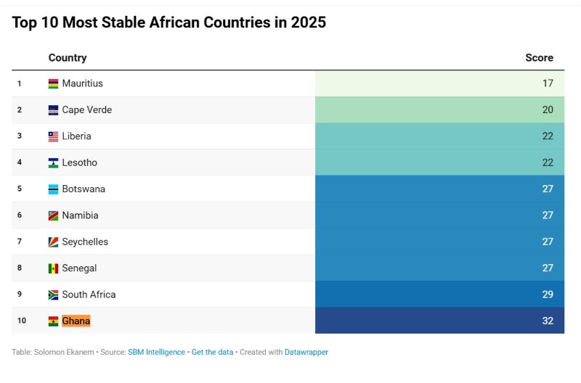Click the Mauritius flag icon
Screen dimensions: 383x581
pos(53,83)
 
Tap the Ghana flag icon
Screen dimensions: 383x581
pos(53,321)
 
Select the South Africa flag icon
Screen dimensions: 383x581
pos(53,295)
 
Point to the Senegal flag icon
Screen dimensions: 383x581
pos(53,268)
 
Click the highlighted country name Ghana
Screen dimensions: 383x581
pos(76,321)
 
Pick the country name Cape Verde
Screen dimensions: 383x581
pos(86,110)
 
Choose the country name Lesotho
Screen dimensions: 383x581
pos(79,162)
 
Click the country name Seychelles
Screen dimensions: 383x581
pos(86,242)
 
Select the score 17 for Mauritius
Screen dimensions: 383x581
pos(548,83)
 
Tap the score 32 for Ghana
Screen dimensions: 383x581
pos(548,321)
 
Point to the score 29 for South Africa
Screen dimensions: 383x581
pos(548,295)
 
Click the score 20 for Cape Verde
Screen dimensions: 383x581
pos(548,110)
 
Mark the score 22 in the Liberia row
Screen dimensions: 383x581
pos(548,136)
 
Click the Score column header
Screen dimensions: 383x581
pos(539,58)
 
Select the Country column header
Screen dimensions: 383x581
pos(68,58)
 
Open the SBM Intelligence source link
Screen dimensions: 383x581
pos(156,352)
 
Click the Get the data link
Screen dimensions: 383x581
pos(212,352)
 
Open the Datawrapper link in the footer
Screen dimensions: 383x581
pos(306,352)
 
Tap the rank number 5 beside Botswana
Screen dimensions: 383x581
pos(20,189)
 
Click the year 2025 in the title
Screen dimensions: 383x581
pos(309,22)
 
